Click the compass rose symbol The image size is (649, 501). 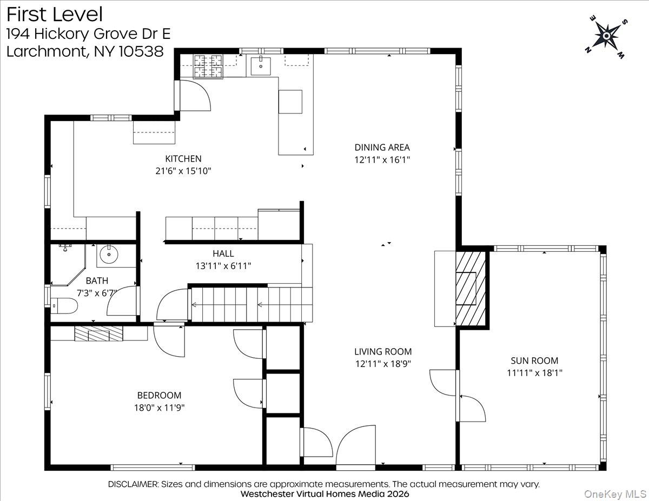(x=606, y=36)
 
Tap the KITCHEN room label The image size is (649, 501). (x=183, y=158)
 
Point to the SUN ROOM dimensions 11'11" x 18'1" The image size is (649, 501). (x=534, y=372)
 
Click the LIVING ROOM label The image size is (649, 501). (x=383, y=351)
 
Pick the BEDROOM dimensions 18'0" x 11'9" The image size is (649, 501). (x=159, y=408)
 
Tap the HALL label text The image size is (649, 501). (x=223, y=253)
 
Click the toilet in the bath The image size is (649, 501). (x=65, y=306)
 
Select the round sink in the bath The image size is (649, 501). (x=109, y=253)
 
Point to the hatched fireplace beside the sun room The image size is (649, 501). (x=472, y=288)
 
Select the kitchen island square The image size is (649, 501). (x=290, y=101)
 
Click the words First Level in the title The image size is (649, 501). (x=54, y=14)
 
